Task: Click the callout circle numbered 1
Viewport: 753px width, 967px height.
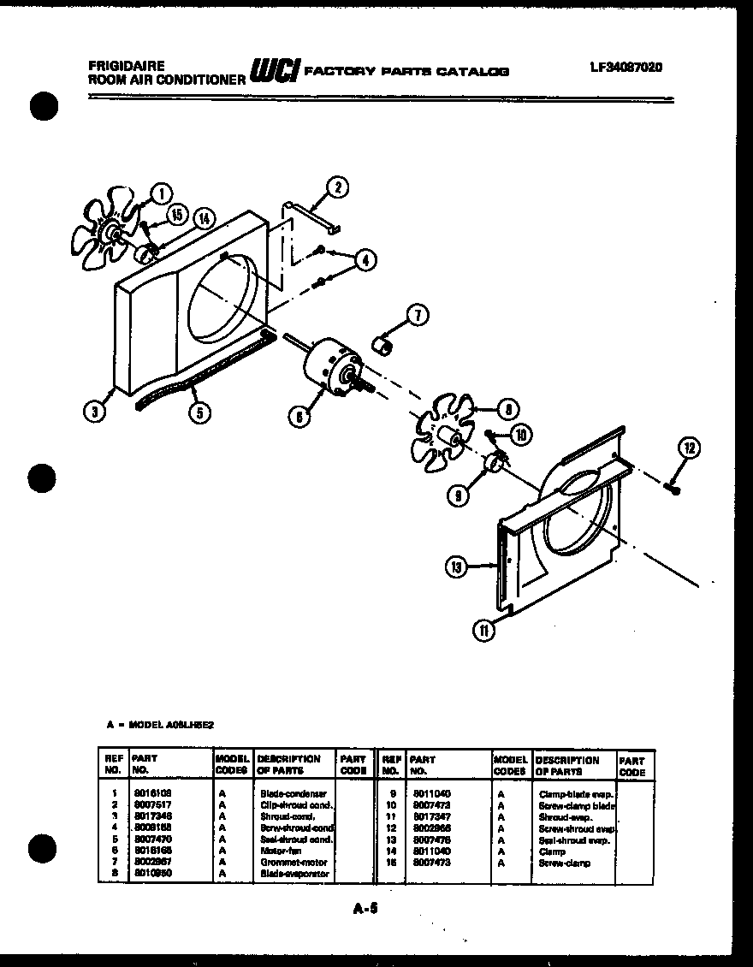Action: tap(158, 193)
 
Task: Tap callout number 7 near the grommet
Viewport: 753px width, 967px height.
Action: tap(417, 316)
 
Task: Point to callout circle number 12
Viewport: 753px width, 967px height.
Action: tap(689, 447)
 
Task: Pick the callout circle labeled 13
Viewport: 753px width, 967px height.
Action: tap(456, 565)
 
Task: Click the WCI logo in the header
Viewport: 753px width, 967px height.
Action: tap(273, 71)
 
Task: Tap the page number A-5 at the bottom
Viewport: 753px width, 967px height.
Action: tap(365, 910)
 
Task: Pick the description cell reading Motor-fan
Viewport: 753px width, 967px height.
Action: tap(277, 851)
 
